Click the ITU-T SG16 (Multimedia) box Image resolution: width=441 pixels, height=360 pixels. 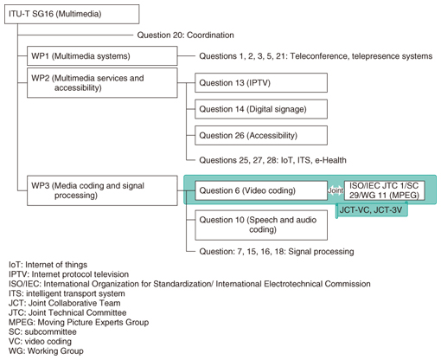pyautogui.click(x=72, y=14)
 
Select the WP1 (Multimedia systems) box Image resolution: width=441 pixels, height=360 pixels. pyautogui.click(x=102, y=55)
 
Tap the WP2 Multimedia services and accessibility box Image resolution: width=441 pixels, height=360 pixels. pyautogui.click(x=102, y=83)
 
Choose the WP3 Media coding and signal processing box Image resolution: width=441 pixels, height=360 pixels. pyautogui.click(x=102, y=190)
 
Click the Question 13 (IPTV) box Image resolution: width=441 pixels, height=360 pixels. pyautogui.click(x=261, y=83)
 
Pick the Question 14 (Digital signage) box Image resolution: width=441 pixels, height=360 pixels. pyautogui.click(x=261, y=109)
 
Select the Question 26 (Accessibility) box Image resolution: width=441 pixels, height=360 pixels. pyautogui.click(x=261, y=135)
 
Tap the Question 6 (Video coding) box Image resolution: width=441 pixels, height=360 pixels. pyautogui.click(x=261, y=190)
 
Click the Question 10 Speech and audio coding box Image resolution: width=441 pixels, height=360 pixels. pyautogui.click(x=261, y=225)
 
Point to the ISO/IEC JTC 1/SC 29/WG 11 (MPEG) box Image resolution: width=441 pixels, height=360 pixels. pyautogui.click(x=384, y=190)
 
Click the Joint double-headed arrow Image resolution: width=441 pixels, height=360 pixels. pyautogui.click(x=336, y=190)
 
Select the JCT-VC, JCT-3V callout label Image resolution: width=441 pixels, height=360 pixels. pyautogui.click(x=372, y=210)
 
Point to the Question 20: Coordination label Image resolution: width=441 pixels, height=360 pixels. pyautogui.click(x=185, y=35)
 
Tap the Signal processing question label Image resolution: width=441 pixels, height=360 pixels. pyautogui.click(x=277, y=252)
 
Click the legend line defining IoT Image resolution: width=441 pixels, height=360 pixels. pyautogui.click(x=48, y=265)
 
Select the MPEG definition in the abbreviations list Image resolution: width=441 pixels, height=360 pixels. pyautogui.click(x=79, y=322)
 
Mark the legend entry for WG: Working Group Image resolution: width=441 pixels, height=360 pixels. pyautogui.click(x=46, y=351)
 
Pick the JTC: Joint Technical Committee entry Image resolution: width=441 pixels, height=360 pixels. pyautogui.click(x=67, y=312)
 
